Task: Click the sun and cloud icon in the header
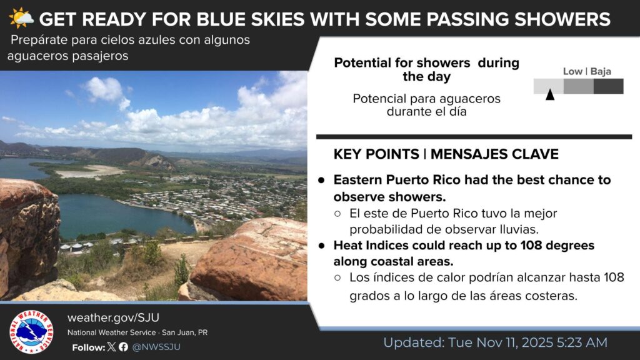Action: [21, 18]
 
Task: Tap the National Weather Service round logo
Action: [31, 331]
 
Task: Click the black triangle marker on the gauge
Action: [550, 94]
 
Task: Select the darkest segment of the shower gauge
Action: [609, 86]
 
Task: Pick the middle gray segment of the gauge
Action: [579, 86]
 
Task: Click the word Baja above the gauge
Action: [601, 71]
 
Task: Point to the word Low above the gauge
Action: [572, 71]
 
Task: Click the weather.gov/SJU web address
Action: [114, 317]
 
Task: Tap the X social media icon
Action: [111, 347]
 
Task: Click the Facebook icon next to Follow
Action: [123, 347]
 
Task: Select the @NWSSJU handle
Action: [156, 347]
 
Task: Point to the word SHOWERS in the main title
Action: [562, 19]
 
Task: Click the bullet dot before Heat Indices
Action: [322, 246]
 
